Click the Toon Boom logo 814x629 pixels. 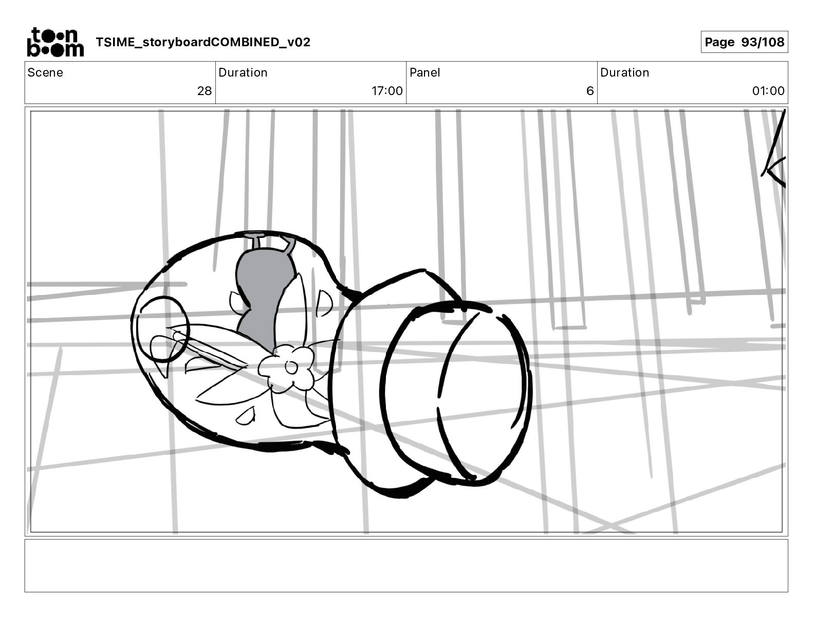[x=55, y=42]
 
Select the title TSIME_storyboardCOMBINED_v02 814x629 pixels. [x=203, y=42]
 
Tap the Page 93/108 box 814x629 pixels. [x=744, y=42]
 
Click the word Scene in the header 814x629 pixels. [x=45, y=72]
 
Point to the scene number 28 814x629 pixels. [x=205, y=90]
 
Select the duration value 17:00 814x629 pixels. [x=387, y=90]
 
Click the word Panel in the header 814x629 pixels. [x=425, y=72]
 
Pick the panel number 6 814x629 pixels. [x=590, y=90]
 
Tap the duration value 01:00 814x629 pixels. [x=768, y=90]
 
